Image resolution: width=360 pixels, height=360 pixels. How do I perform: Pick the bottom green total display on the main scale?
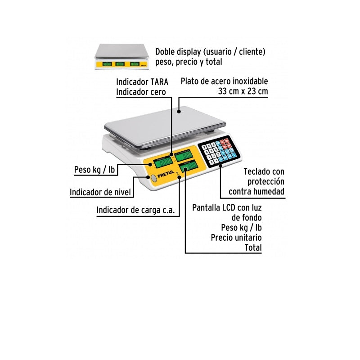click(x=189, y=166)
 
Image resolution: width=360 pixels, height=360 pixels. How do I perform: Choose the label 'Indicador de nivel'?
click(x=100, y=193)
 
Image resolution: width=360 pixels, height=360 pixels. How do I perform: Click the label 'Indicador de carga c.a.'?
click(x=135, y=210)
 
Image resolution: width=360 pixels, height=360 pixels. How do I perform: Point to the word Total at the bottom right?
click(x=253, y=247)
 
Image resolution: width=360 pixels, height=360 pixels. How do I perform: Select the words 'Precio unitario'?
click(x=236, y=237)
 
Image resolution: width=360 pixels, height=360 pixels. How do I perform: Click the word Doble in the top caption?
click(x=165, y=52)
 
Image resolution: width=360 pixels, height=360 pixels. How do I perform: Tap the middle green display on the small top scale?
click(x=120, y=64)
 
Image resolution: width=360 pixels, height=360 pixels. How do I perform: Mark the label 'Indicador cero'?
click(x=140, y=92)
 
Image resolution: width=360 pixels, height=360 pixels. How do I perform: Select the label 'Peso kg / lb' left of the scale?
click(x=94, y=170)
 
